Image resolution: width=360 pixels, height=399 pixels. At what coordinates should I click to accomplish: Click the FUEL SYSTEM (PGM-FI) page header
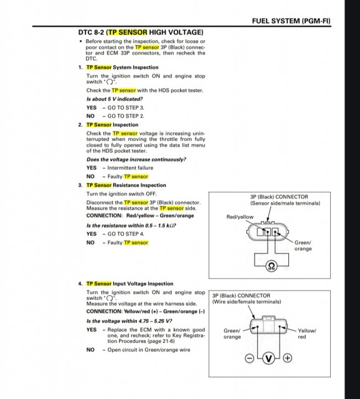pos(291,21)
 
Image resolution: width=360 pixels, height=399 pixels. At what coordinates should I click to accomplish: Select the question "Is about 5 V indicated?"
pos(115,99)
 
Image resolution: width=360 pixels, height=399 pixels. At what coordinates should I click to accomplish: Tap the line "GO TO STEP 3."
pos(126,108)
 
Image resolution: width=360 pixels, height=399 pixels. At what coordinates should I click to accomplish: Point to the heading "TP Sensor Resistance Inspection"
pos(126,185)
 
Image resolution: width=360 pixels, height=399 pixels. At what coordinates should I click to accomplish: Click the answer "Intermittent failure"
pos(130,168)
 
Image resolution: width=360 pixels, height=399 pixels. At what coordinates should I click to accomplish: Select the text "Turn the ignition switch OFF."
pos(121,194)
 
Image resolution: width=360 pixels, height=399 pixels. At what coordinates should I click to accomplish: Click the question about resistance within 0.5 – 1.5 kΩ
pos(131,226)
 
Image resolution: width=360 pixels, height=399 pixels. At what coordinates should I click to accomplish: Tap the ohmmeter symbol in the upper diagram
pos(272,266)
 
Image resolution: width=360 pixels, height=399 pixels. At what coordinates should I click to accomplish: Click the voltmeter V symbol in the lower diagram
pos(268,358)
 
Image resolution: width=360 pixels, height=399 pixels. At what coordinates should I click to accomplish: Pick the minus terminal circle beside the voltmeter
pos(249,358)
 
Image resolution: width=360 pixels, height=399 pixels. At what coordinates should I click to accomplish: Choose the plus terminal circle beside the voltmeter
pos(288,358)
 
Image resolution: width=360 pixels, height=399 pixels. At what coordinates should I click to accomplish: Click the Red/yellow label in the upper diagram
pos(240,217)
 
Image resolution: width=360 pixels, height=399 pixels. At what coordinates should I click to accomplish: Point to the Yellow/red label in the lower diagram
pos(307,334)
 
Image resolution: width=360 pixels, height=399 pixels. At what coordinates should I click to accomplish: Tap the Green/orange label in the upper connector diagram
pos(303,246)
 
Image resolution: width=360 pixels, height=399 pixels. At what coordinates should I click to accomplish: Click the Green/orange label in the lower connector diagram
pos(232,334)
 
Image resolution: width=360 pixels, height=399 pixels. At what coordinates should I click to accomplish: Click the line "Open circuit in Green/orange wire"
pos(149,350)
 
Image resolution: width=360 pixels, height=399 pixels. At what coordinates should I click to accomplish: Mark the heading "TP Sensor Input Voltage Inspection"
pos(130,284)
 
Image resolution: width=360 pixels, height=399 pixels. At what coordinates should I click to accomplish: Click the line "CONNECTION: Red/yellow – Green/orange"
pos(140,216)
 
